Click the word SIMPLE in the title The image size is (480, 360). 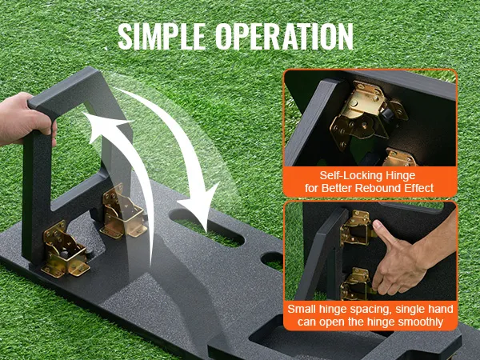(162, 37)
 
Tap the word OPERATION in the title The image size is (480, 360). (284, 37)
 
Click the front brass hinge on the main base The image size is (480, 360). (66, 250)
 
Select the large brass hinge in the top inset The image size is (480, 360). (367, 114)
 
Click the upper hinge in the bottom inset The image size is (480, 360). (358, 228)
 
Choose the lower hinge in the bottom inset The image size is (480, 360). (356, 284)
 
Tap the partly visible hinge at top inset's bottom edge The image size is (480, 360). (399, 158)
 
